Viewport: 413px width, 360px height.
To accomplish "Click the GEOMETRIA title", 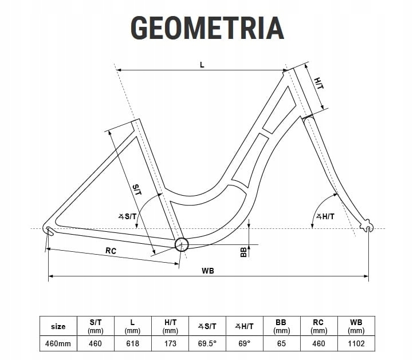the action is [x=207, y=28].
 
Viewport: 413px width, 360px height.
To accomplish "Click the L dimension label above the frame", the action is [x=202, y=65].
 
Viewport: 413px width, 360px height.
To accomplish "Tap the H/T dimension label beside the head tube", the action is [x=319, y=83].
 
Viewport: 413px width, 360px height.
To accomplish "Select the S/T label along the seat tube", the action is [x=137, y=190].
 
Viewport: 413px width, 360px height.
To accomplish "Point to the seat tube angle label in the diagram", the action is [x=128, y=216].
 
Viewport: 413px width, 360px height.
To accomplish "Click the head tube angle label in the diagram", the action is [x=325, y=216].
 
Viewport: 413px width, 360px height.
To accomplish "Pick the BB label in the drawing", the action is [x=243, y=252].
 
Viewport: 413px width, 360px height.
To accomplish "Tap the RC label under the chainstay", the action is [x=111, y=251].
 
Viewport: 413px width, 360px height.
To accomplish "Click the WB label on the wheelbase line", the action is [x=208, y=271].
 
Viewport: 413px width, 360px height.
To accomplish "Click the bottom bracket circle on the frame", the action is [x=182, y=244].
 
